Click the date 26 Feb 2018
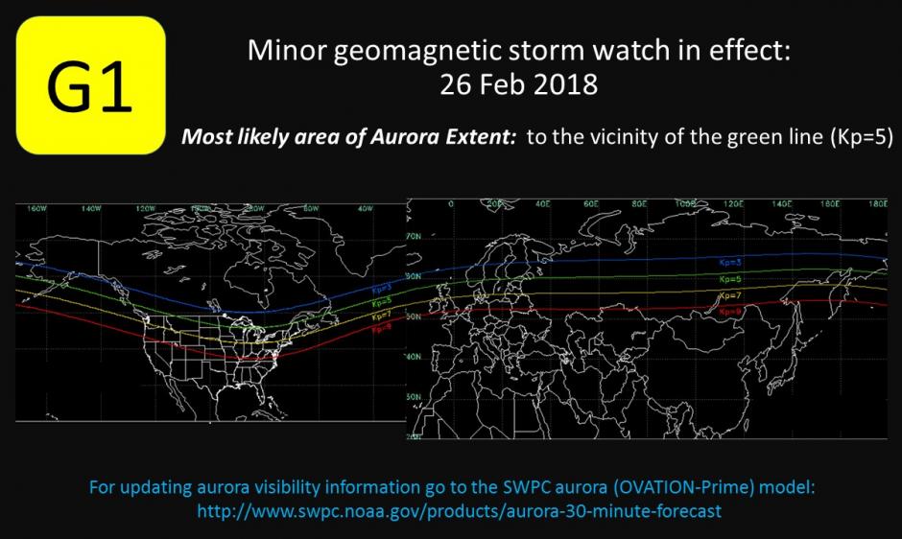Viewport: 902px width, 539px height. pyautogui.click(x=518, y=84)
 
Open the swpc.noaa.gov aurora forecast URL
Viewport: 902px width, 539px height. pyautogui.click(x=459, y=511)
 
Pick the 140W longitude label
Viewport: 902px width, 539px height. pyautogui.click(x=92, y=207)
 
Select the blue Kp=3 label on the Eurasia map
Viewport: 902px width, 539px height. pyautogui.click(x=731, y=261)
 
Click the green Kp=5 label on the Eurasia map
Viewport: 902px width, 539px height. pyautogui.click(x=731, y=278)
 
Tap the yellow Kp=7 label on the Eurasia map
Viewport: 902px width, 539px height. pyautogui.click(x=731, y=293)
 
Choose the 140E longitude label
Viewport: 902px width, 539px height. pyautogui.click(x=780, y=204)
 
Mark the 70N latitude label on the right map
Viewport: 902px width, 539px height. pyautogui.click(x=415, y=235)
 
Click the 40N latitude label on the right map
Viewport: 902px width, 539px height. pyautogui.click(x=415, y=356)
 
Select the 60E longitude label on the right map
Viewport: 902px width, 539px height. pyautogui.click(x=591, y=204)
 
